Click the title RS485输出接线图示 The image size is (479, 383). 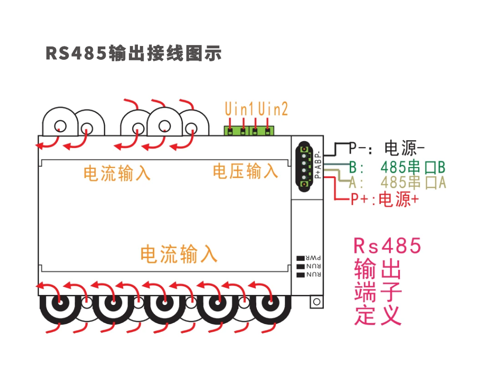pos(134,53)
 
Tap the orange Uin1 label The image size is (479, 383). pos(239,109)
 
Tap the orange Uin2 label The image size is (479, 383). pos(273,109)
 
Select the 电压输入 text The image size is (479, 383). pos(245,171)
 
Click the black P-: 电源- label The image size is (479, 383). pos(387,148)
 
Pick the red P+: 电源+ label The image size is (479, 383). pos(385,199)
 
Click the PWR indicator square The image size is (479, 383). pos(301,258)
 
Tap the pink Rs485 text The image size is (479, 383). pos(388,246)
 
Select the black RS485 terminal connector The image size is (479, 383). pos(304,167)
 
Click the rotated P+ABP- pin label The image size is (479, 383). pos(318,165)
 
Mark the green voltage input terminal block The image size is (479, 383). pos(249,131)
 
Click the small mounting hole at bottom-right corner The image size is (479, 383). pos(317,302)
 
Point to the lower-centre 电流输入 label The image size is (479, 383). pos(179,254)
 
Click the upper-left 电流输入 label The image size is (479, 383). pos(117,173)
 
